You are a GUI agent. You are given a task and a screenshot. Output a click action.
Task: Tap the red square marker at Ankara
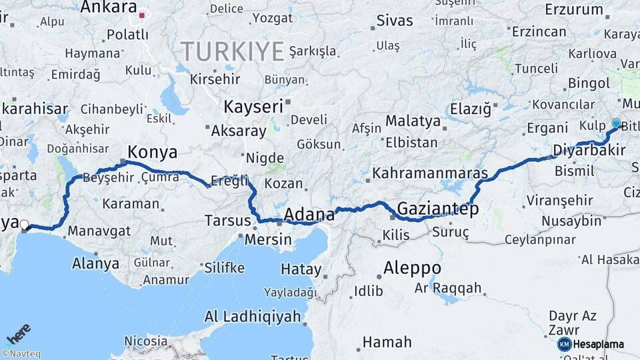pyautogui.click(x=142, y=14)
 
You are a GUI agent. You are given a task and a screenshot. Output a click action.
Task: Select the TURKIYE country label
pyautogui.click(x=233, y=51)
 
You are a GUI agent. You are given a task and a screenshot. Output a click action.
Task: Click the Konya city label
pyautogui.click(x=152, y=153)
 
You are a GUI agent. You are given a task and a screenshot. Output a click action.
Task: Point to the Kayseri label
pyautogui.click(x=253, y=107)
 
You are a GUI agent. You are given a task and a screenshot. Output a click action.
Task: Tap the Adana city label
pyautogui.click(x=309, y=215)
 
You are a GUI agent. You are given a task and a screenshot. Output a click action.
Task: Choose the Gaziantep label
pyautogui.click(x=438, y=209)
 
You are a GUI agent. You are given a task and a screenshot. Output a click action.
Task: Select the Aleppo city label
pyautogui.click(x=412, y=268)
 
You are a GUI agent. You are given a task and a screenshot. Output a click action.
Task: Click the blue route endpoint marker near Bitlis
pyautogui.click(x=616, y=123)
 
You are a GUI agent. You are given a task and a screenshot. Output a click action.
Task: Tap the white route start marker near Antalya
pyautogui.click(x=24, y=225)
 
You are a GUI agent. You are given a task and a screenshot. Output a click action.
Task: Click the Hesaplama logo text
pyautogui.click(x=599, y=345)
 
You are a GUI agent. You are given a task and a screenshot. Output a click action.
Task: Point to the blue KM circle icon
pyautogui.click(x=564, y=345)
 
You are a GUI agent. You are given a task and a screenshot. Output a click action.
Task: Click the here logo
pyautogui.click(x=18, y=333)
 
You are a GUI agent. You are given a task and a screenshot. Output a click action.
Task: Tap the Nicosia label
pyautogui.click(x=146, y=341)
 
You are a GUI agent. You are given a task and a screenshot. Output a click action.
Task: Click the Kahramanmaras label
pyautogui.click(x=430, y=173)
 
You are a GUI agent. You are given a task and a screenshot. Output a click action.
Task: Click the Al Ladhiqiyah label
pyautogui.click(x=253, y=317)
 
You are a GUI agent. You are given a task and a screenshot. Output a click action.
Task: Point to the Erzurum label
pyautogui.click(x=573, y=9)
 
